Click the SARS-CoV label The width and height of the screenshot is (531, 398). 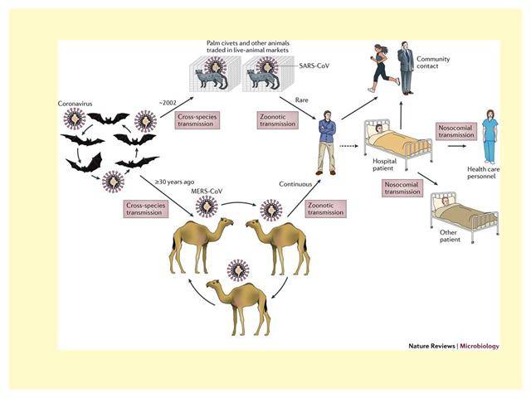[314, 66]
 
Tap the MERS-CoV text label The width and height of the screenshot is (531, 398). [207, 192]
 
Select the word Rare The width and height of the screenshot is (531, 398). [301, 100]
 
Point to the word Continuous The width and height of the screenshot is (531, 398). [295, 184]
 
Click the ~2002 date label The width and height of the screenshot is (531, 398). [168, 103]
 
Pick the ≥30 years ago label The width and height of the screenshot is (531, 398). [175, 182]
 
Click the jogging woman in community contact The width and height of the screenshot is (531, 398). [382, 68]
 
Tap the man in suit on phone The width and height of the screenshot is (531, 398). [406, 68]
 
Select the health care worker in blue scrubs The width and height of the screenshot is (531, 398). [490, 137]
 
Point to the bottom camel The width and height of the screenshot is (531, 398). [239, 306]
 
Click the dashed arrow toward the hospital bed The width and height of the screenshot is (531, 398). [348, 146]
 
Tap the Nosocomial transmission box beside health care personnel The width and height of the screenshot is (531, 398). [455, 131]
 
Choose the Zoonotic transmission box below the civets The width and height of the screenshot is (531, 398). [278, 120]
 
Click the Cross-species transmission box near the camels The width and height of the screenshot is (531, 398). [146, 209]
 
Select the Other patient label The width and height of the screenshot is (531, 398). [450, 235]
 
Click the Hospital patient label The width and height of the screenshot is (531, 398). [384, 165]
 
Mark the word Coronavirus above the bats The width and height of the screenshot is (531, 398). [75, 104]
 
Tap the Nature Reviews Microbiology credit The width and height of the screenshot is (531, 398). [454, 346]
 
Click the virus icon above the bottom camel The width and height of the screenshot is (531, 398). [238, 270]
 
